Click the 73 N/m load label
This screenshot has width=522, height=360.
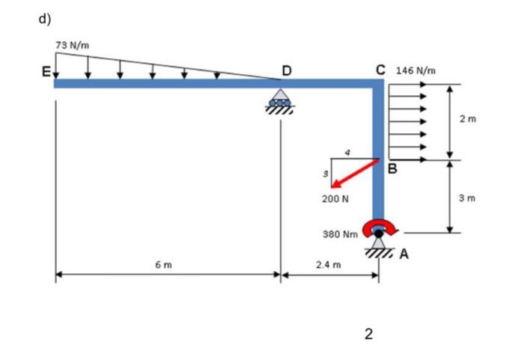(73, 46)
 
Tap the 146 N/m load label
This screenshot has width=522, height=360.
(420, 71)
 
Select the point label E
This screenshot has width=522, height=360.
(46, 73)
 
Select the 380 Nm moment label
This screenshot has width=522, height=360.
(339, 234)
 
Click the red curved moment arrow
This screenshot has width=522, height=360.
(379, 228)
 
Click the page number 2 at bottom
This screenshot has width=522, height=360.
(368, 334)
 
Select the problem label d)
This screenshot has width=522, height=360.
(45, 19)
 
